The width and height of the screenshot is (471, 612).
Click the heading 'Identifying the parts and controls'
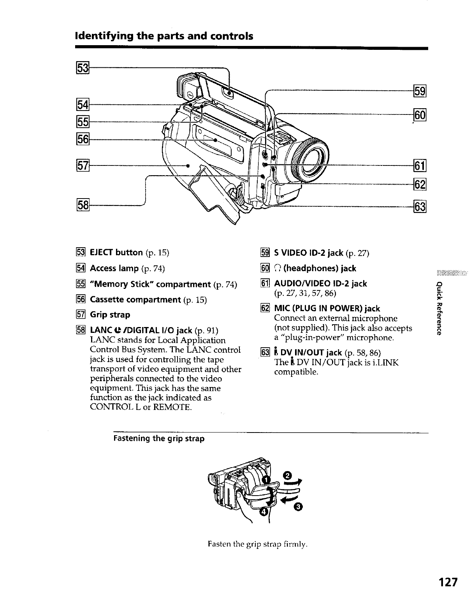pos(164,36)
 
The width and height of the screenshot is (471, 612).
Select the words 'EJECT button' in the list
pos(116,253)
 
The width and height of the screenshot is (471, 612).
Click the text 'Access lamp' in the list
pos(114,268)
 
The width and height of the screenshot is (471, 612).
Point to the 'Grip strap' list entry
pos(110,315)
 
